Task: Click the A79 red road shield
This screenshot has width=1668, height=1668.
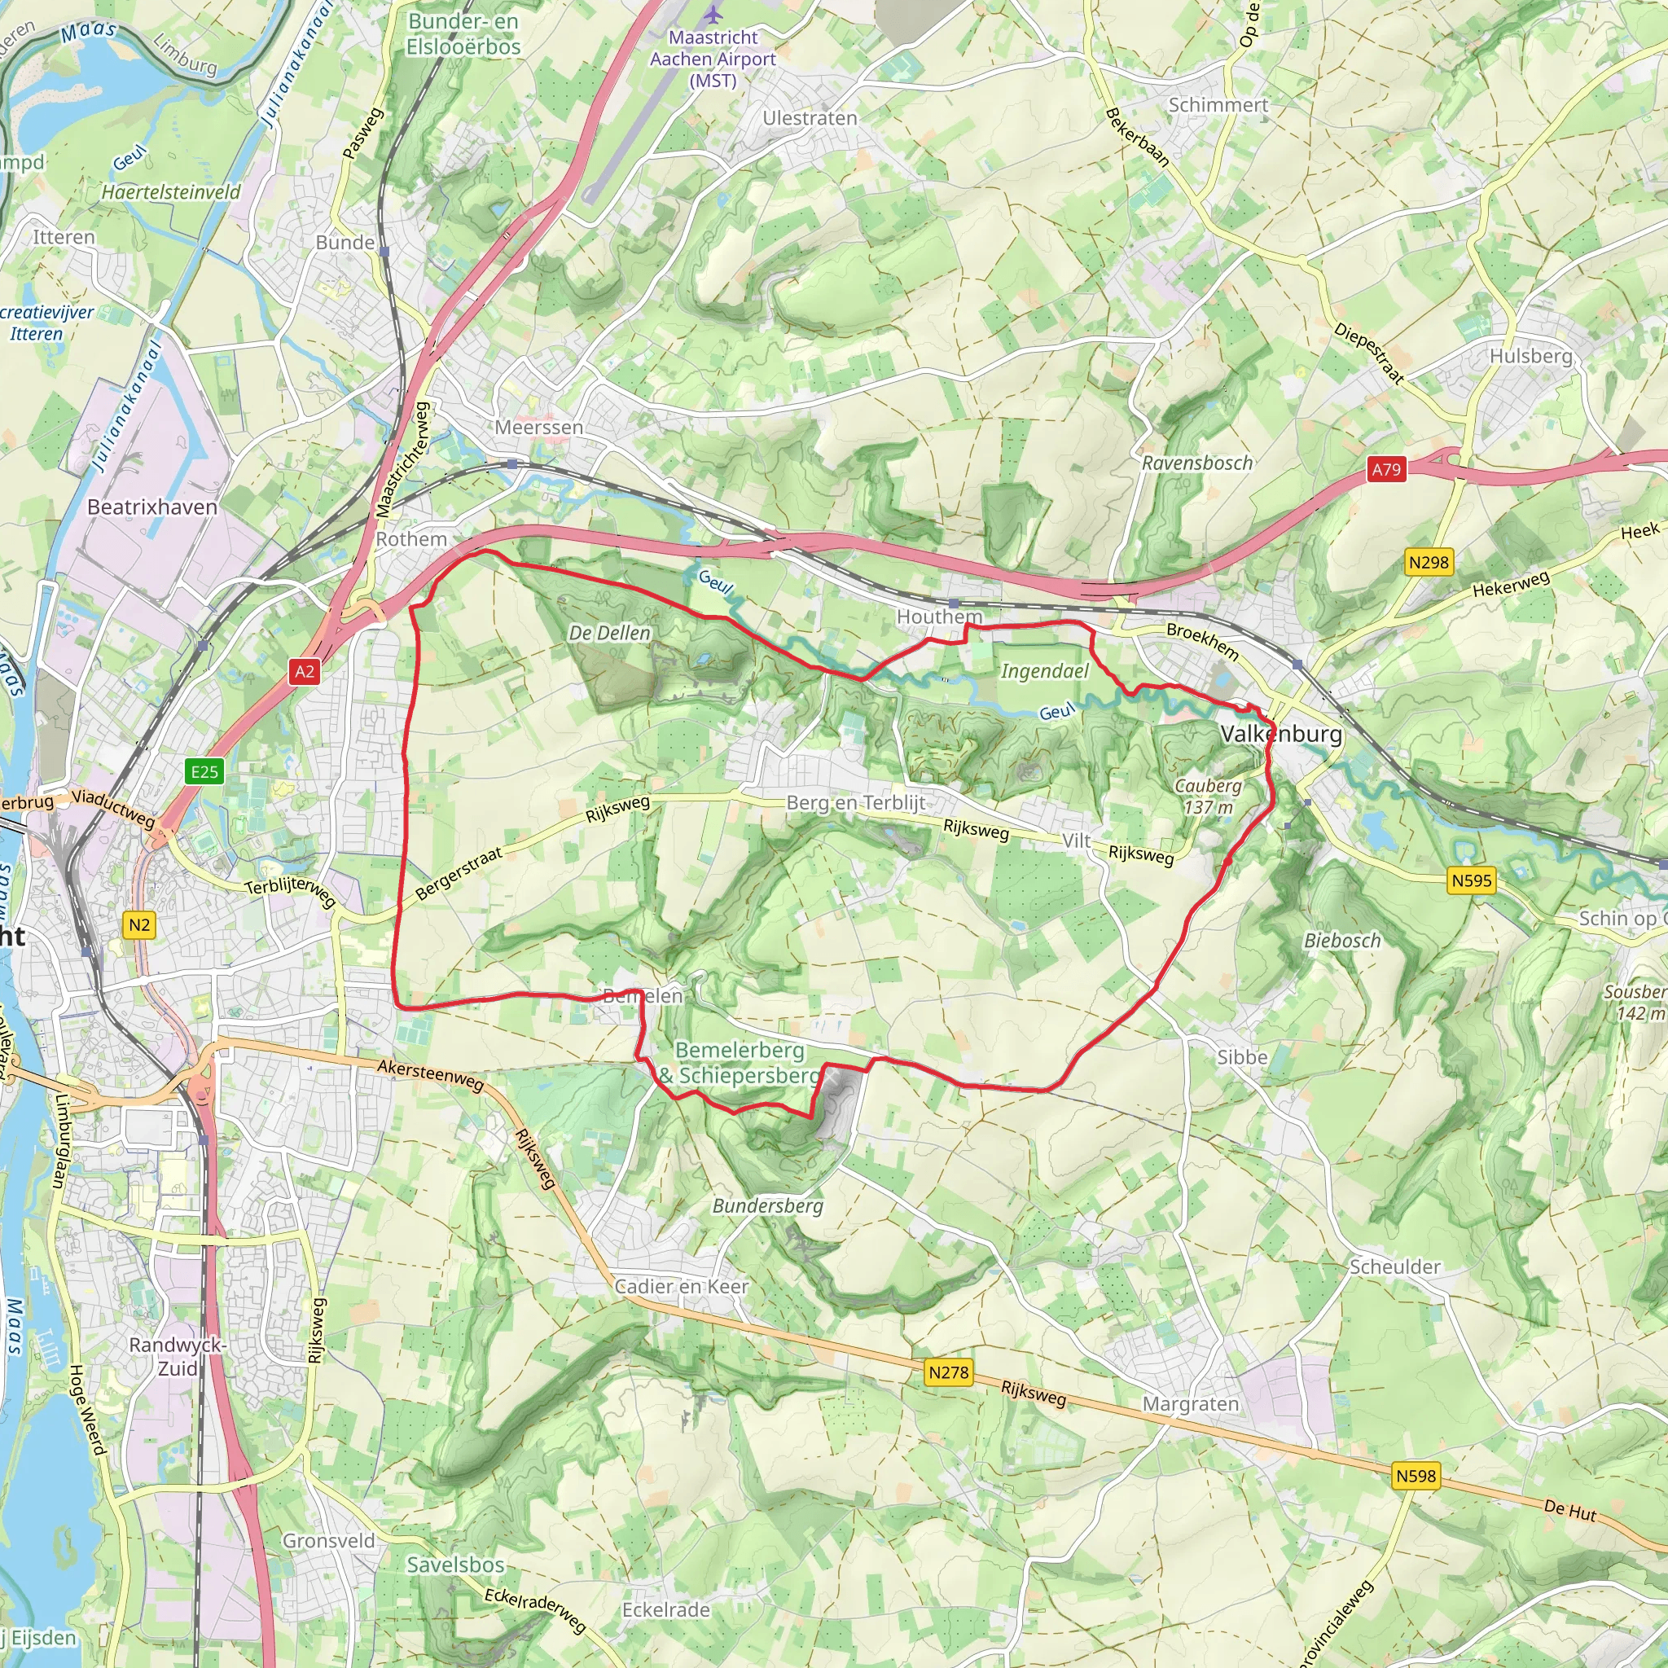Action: click(1385, 470)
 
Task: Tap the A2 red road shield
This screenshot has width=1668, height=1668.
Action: click(305, 672)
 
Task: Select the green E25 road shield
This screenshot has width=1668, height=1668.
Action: click(204, 771)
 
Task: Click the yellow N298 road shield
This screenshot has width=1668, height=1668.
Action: click(1429, 563)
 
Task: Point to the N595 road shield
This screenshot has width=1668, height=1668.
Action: click(1471, 880)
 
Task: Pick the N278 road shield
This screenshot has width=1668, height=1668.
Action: click(949, 1372)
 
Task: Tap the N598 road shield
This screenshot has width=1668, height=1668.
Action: click(1416, 1477)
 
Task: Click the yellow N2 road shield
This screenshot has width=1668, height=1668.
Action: click(139, 925)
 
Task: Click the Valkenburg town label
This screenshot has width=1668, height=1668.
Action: click(1281, 734)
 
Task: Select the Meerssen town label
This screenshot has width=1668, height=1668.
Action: click(538, 428)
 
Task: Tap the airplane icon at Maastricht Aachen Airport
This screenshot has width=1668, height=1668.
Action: click(713, 15)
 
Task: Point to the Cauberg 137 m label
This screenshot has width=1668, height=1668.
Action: click(1208, 796)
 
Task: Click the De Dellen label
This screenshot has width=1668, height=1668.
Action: click(609, 633)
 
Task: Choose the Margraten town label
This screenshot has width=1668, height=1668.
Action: click(1191, 1405)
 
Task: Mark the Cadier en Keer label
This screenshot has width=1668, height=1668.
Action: click(681, 1286)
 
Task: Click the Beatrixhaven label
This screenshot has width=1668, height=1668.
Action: click(152, 507)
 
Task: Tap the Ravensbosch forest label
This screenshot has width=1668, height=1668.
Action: click(1196, 463)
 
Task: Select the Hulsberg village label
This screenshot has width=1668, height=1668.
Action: click(1530, 356)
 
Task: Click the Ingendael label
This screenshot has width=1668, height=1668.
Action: click(1045, 671)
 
